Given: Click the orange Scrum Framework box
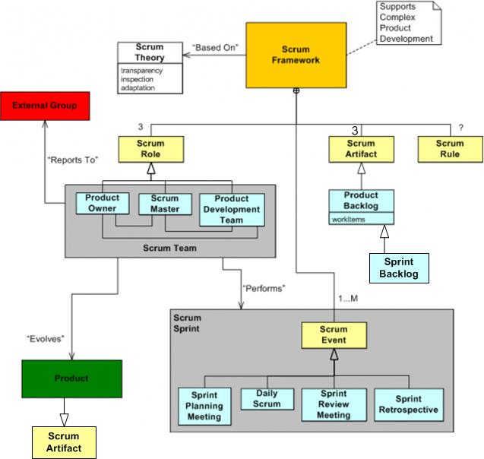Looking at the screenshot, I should point(295,54).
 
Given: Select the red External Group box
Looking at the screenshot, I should point(44,105).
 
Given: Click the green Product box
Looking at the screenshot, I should point(71,378).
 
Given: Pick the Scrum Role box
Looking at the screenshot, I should point(150,148).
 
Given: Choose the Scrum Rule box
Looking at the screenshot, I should point(450,148).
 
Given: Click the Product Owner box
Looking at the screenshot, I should point(103,203).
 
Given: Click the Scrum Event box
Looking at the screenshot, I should point(334,335).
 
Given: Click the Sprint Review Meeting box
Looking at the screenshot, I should point(334,404).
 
